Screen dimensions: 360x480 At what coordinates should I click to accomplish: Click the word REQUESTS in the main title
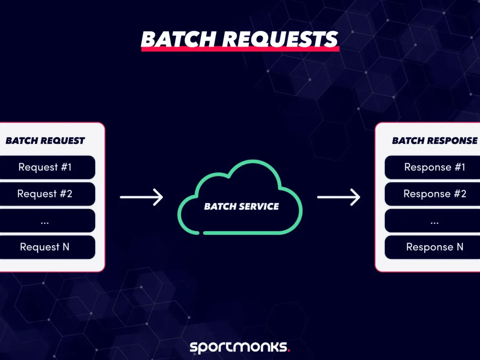pyautogui.click(x=280, y=40)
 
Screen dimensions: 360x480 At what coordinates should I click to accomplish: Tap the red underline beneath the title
pyautogui.click(x=240, y=49)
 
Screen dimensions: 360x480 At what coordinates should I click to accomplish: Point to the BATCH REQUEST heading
pyautogui.click(x=45, y=141)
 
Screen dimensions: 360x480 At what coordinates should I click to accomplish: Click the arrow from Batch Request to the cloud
pyautogui.click(x=142, y=197)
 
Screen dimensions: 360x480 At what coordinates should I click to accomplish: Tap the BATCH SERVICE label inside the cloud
pyautogui.click(x=242, y=206)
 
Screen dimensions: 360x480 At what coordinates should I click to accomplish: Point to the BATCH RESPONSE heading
pyautogui.click(x=434, y=141)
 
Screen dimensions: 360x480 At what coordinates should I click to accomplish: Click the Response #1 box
pyautogui.click(x=434, y=167)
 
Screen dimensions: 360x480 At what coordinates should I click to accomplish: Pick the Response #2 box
pyautogui.click(x=434, y=194)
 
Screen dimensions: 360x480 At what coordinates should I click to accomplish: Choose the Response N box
pyautogui.click(x=434, y=247)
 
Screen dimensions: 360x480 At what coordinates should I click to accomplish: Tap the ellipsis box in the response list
pyautogui.click(x=434, y=220)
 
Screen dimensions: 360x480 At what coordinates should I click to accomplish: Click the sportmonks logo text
pyautogui.click(x=238, y=347)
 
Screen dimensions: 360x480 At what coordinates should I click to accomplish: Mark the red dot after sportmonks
pyautogui.click(x=289, y=350)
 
